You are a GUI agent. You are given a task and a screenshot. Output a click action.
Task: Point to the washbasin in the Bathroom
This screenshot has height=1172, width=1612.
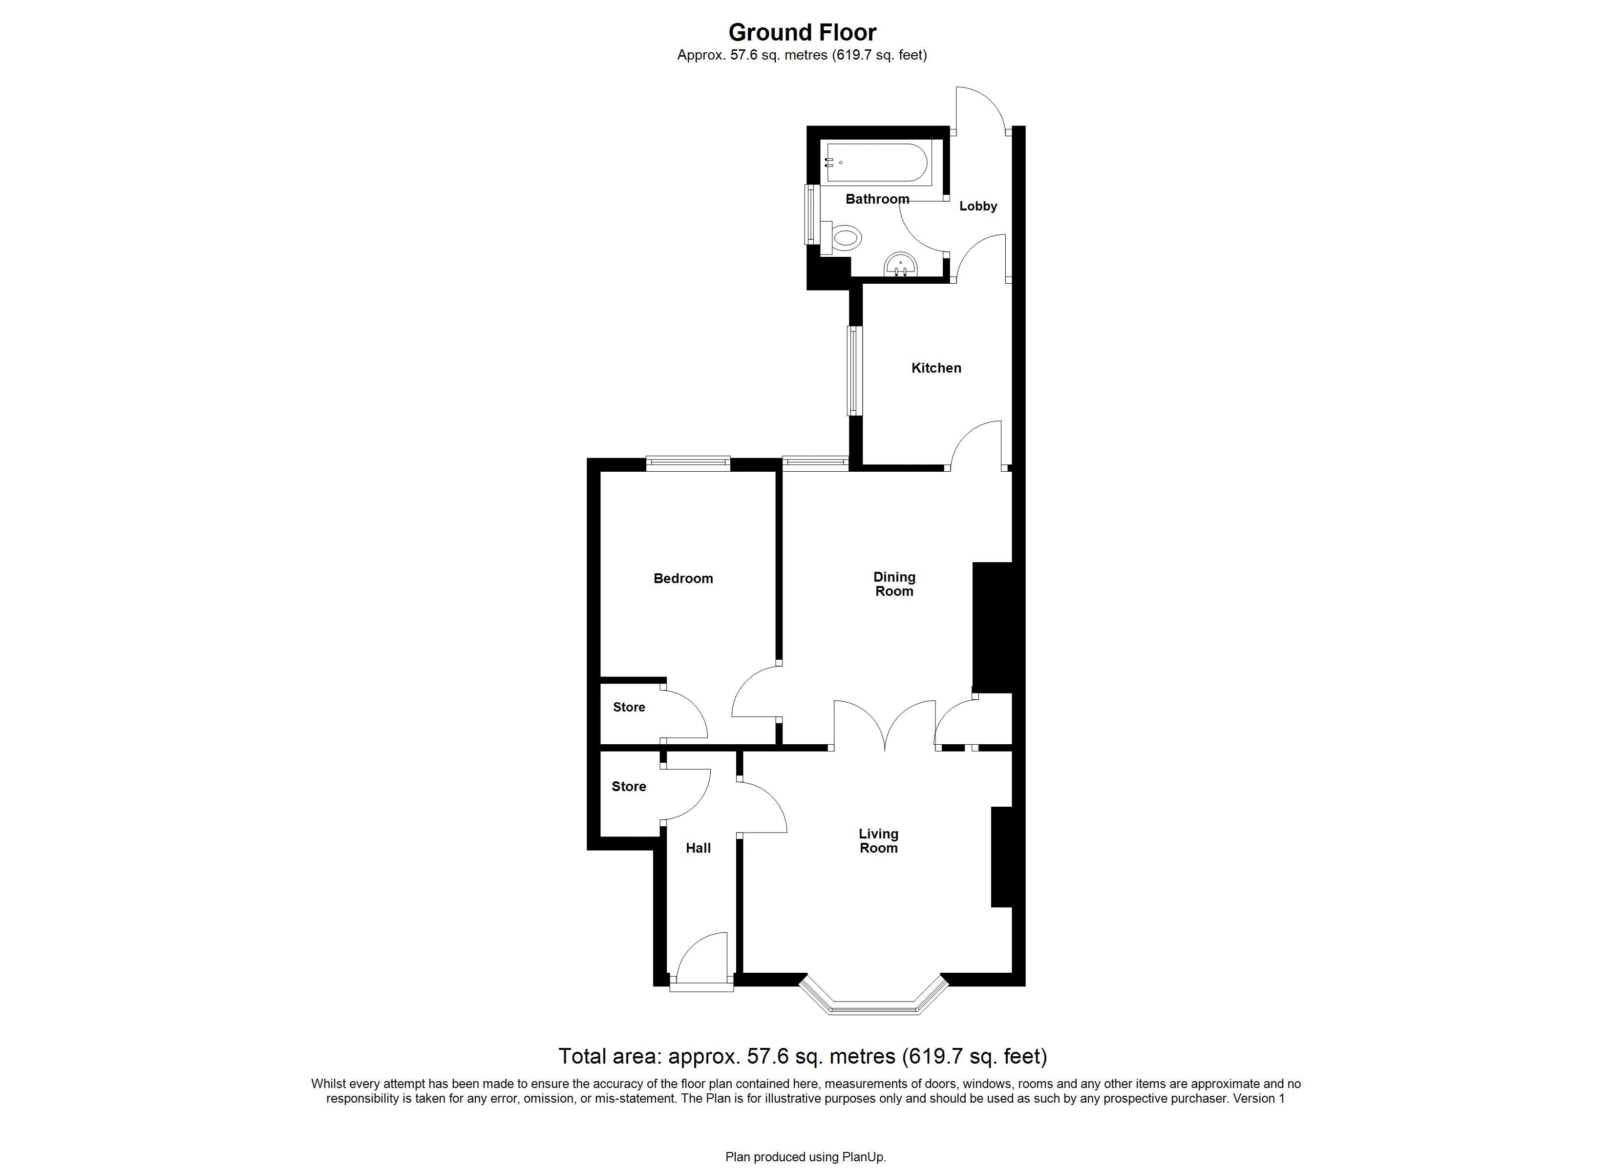coord(901,265)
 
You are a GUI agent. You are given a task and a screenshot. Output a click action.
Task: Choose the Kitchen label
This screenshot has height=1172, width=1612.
coord(936,368)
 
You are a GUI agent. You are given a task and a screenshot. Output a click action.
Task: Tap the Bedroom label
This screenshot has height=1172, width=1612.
coord(683,579)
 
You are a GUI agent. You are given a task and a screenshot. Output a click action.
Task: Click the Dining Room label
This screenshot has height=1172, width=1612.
coord(894,584)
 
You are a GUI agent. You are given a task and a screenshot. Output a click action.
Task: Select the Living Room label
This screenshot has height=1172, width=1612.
coord(878,841)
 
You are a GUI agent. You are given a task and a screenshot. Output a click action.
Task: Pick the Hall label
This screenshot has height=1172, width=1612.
coord(698,848)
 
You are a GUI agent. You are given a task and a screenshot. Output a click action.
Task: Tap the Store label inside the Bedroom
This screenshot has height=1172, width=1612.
coord(629,707)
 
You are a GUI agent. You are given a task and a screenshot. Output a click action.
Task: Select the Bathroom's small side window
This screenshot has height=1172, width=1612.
coord(811,215)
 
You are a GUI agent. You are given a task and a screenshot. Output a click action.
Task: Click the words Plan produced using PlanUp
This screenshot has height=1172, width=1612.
coord(806,1157)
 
